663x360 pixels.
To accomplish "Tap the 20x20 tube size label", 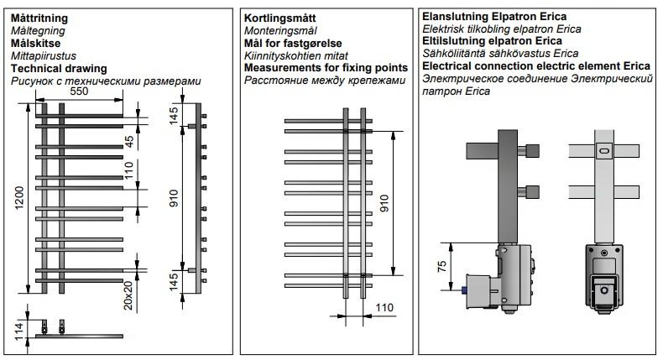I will click(128, 296).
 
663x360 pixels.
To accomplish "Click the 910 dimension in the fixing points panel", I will click(384, 204).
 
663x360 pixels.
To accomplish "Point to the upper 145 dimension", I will click(175, 117).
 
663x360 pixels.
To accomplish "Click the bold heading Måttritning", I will click(39, 18).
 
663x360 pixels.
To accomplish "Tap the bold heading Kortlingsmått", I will click(280, 18).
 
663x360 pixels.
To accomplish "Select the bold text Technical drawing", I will click(59, 68).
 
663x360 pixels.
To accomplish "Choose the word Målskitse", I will click(35, 43).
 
